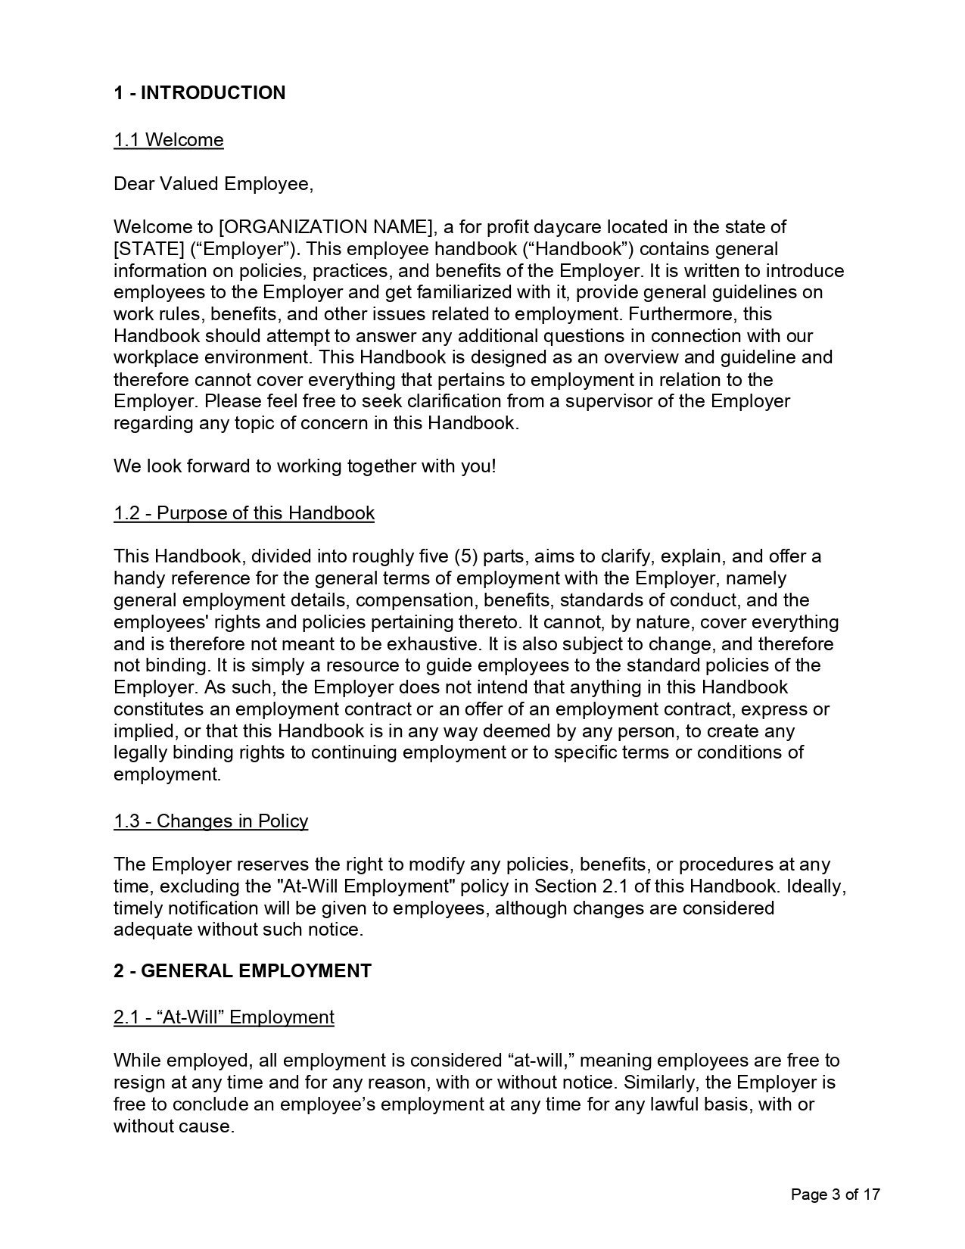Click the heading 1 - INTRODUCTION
(x=200, y=93)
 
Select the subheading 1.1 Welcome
(x=169, y=140)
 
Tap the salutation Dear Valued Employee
(x=213, y=184)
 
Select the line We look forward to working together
(x=304, y=466)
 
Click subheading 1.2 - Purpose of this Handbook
(x=244, y=513)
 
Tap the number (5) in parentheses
(x=465, y=557)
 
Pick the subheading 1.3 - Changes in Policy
(x=211, y=821)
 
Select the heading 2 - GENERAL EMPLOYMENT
(x=242, y=971)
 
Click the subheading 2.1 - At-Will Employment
(x=224, y=1017)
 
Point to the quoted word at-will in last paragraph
(x=538, y=1061)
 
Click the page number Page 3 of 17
(x=835, y=1195)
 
